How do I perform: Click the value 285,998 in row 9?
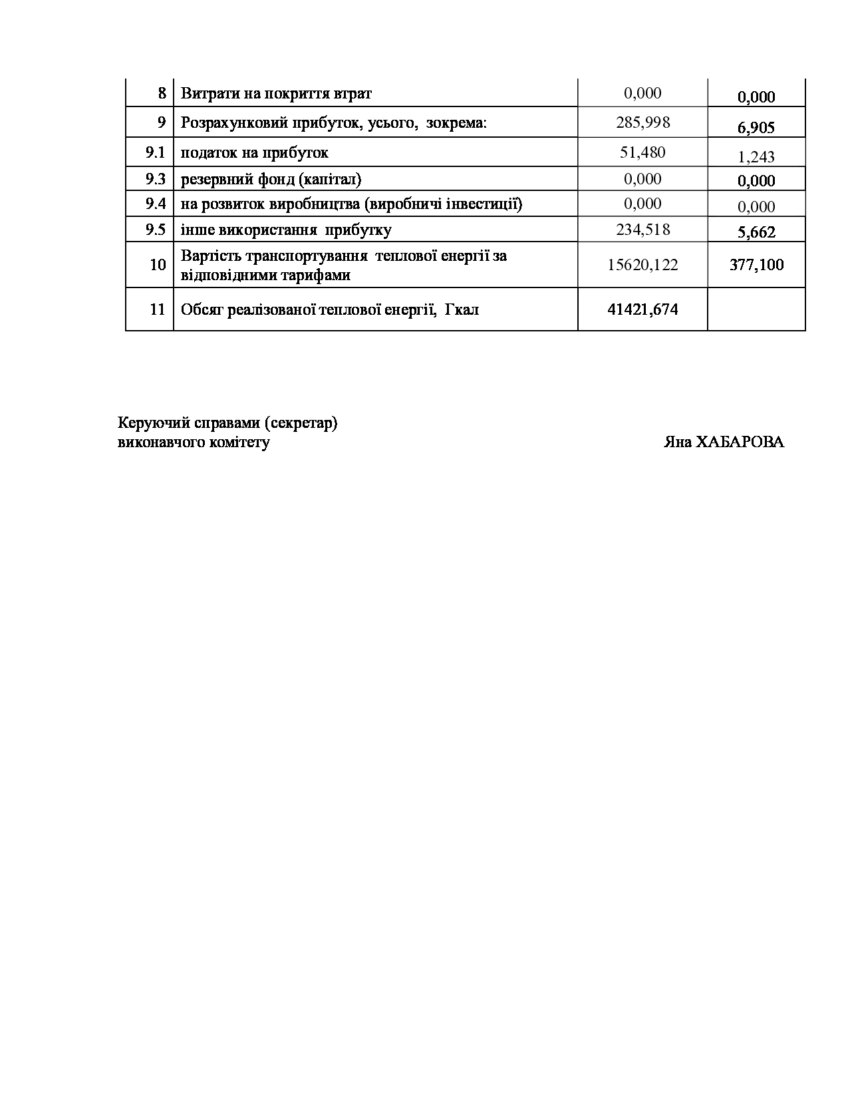642,122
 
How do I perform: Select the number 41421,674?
642,309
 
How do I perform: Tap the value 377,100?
756,265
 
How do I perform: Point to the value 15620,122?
642,265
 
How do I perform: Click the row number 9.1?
155,152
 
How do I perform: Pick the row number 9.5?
155,230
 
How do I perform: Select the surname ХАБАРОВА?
740,443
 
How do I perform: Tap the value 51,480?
642,152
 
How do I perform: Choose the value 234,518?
642,230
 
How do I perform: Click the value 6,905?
756,128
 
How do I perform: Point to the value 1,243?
756,157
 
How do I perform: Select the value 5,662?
756,232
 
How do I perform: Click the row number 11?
158,309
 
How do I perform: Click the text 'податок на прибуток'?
255,152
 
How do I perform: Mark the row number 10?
158,265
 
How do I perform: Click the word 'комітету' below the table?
240,443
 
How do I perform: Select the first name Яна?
677,443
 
